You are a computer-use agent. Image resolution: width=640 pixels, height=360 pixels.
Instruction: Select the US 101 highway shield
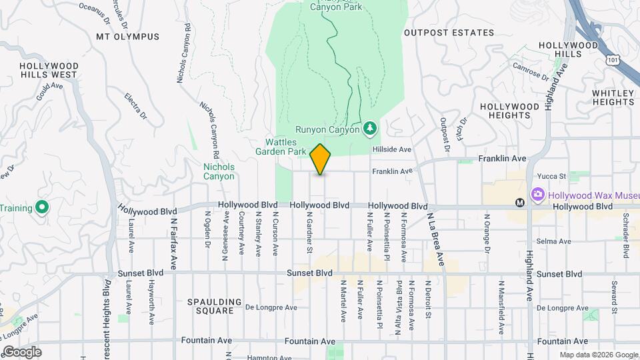point(613,60)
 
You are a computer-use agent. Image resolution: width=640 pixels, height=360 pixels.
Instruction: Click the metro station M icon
point(520,202)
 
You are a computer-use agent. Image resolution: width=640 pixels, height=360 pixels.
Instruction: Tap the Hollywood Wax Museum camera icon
point(538,195)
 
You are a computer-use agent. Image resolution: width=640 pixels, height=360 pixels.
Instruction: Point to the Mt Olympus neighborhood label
point(128,37)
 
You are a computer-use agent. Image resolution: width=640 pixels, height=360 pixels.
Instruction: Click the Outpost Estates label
point(458,33)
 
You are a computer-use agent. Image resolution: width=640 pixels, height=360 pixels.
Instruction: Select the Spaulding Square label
point(215,306)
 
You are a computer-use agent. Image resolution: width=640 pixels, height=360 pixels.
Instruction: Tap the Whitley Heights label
point(613,97)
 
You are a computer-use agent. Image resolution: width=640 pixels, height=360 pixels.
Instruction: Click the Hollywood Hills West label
point(49,71)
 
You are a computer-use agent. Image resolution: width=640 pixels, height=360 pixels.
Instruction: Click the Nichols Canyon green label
point(219,171)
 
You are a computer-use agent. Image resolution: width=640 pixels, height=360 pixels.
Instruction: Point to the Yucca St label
point(553,177)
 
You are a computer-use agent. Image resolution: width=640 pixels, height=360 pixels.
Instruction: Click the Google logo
point(22,352)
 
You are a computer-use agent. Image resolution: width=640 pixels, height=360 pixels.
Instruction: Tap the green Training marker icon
point(41,208)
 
